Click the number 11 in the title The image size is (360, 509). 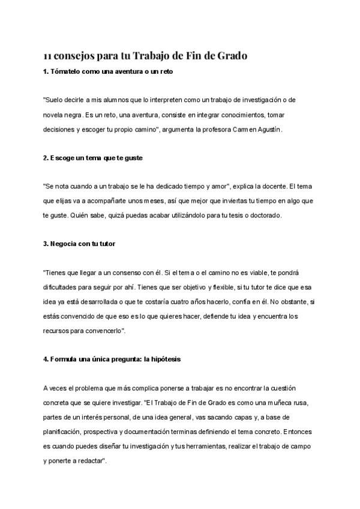point(47,56)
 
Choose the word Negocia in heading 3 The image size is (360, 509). point(62,244)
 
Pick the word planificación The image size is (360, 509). point(64,430)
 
